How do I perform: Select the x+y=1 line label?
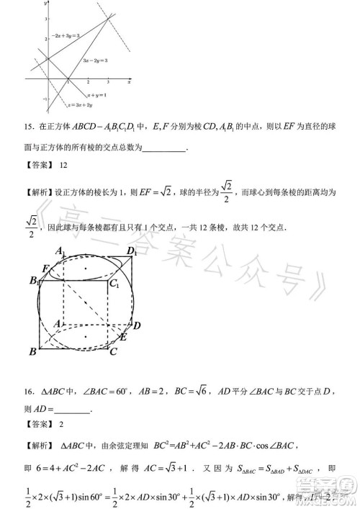point(97,94)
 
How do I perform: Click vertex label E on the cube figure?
point(123,337)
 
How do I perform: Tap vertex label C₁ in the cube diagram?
point(113,286)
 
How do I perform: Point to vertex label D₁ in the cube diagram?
point(131,251)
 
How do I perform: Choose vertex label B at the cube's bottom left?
point(32,351)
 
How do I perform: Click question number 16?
point(30,392)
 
